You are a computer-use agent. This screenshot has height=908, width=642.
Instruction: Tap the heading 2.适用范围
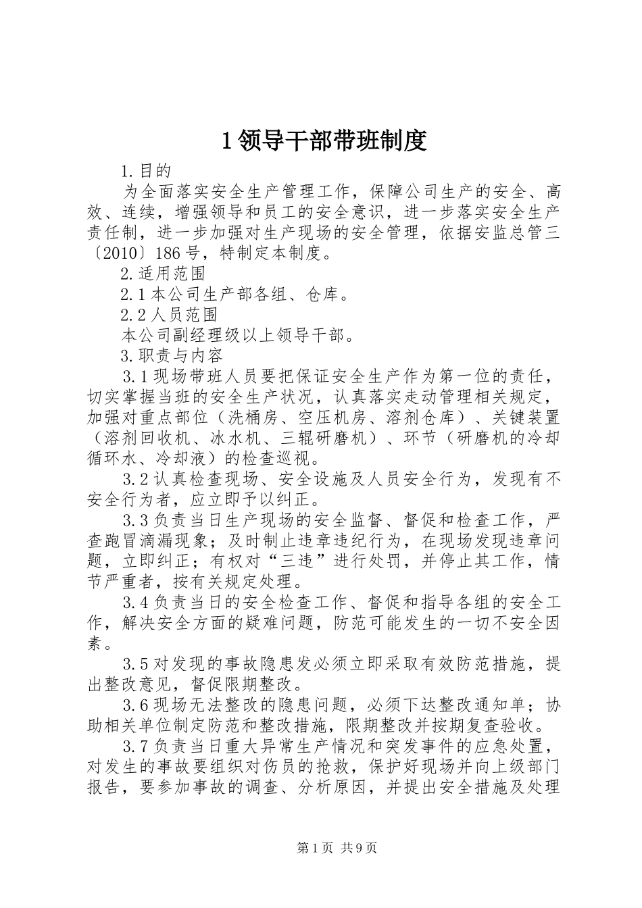pyautogui.click(x=163, y=274)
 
